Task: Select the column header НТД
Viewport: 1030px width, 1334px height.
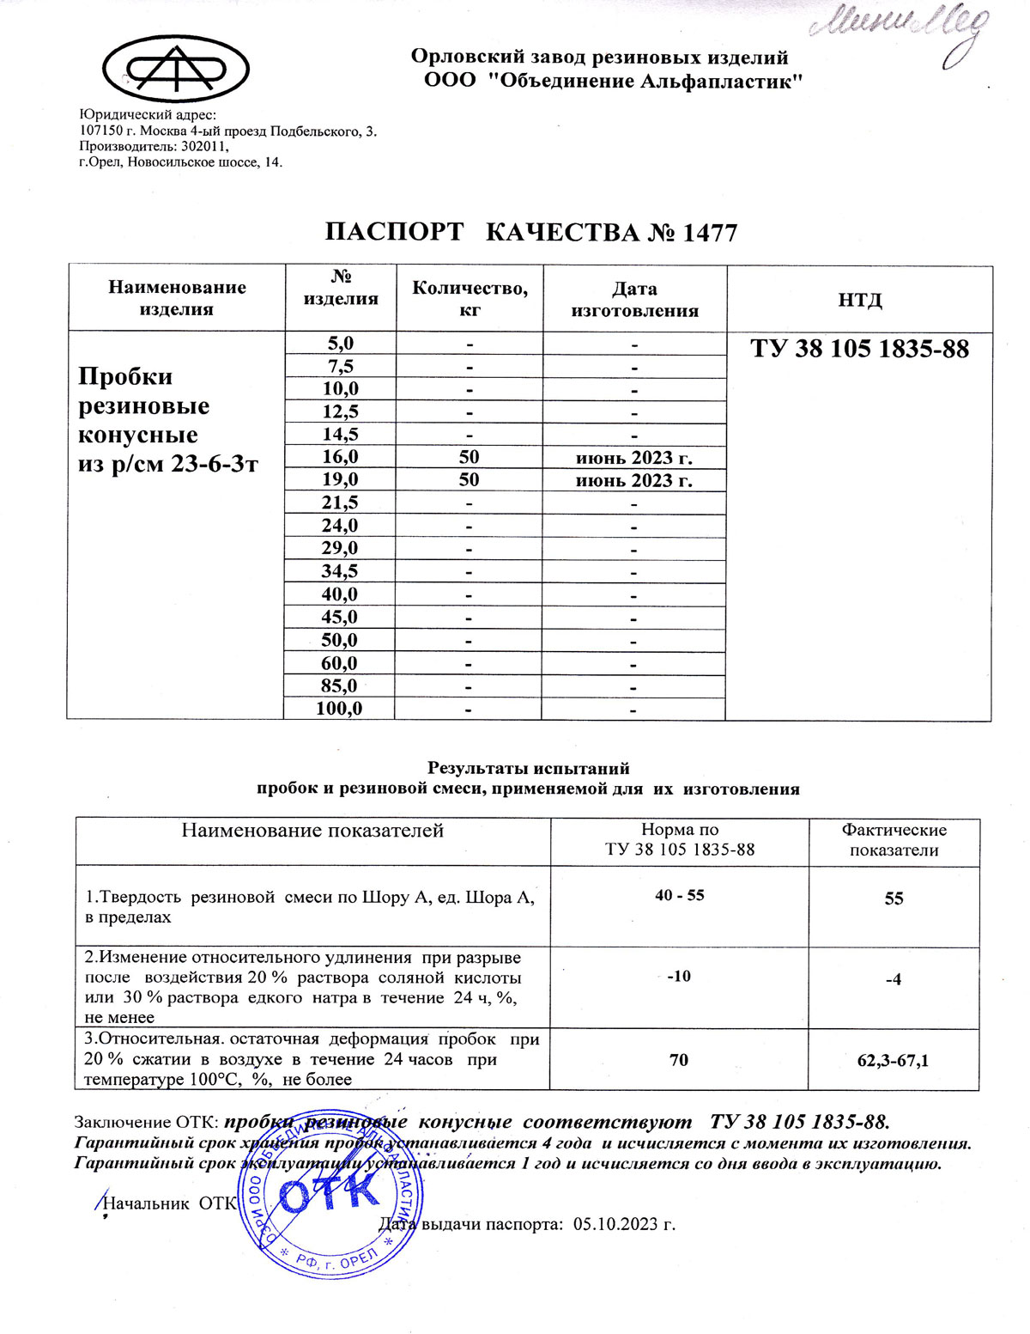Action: coord(859,299)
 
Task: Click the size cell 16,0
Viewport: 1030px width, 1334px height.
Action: coord(340,457)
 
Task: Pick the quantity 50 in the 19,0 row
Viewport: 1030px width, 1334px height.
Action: coord(469,480)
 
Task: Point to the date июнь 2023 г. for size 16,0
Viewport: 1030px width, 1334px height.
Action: coord(633,457)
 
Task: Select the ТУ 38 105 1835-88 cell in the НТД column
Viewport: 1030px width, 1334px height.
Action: coord(859,349)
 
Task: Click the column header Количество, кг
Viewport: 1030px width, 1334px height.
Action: coord(470,298)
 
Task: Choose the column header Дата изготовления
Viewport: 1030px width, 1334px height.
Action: coord(634,299)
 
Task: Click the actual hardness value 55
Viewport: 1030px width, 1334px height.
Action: coord(894,898)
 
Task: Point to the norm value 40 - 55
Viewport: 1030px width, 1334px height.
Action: coord(679,895)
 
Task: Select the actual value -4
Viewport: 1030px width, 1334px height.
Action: coord(894,979)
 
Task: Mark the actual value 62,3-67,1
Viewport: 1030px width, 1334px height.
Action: coord(893,1061)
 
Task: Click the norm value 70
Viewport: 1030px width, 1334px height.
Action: coord(678,1060)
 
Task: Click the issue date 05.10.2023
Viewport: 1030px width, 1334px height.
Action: coord(624,1224)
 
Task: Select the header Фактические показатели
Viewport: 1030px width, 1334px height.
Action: coord(894,840)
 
